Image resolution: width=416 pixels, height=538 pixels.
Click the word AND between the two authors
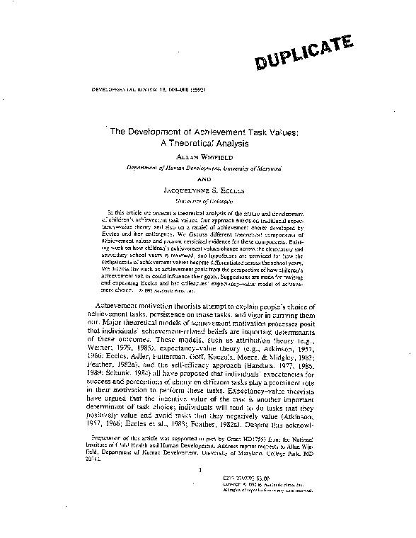[209, 179]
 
